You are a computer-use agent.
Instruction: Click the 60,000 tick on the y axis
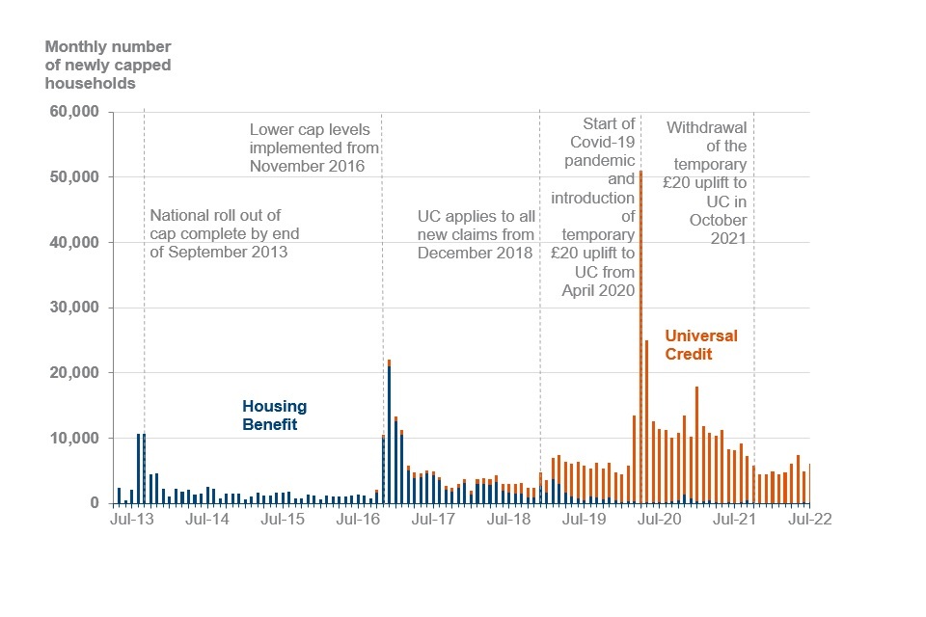tap(74, 112)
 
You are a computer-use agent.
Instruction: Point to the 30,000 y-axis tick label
tap(74, 308)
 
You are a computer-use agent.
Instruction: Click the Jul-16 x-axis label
tap(359, 518)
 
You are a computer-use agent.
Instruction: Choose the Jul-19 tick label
tap(584, 518)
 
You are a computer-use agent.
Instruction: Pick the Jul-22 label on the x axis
tap(808, 518)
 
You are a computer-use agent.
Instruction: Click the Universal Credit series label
tap(701, 345)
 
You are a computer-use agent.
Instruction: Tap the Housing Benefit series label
tap(274, 416)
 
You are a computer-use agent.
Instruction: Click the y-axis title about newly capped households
tap(103, 65)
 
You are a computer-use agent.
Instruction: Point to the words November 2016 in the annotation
tap(307, 166)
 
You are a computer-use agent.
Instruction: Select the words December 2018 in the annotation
tap(475, 253)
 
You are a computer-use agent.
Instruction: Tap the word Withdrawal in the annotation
tap(707, 126)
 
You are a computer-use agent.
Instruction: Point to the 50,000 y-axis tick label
tap(74, 177)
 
